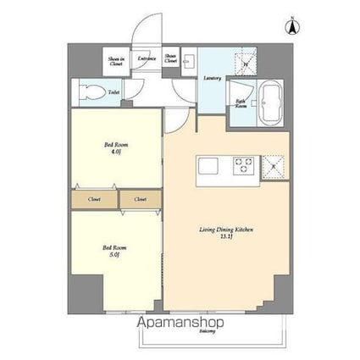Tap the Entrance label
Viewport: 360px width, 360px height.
[145, 58]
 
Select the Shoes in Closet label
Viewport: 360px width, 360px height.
[116, 59]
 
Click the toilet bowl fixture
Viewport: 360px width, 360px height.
[88, 90]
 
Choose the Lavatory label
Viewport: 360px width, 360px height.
[213, 78]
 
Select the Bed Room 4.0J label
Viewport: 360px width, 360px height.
[112, 149]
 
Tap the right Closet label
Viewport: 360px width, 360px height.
[139, 200]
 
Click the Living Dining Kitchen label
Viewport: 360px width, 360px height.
[226, 233]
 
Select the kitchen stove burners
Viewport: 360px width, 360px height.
[245, 163]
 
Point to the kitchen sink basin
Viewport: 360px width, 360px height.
[210, 163]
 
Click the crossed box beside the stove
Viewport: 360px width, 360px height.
[274, 163]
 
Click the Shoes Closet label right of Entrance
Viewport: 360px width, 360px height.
[171, 59]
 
